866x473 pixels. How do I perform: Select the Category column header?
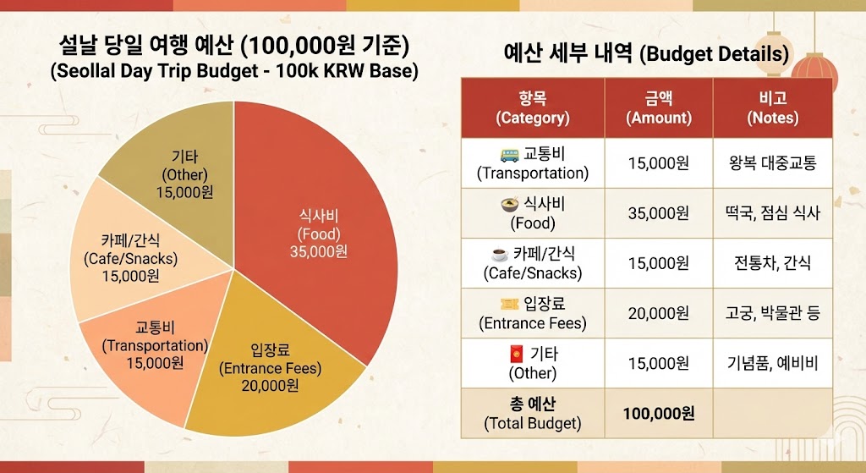coord(533,107)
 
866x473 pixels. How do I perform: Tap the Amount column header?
coord(658,107)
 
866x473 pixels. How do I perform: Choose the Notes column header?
coord(772,107)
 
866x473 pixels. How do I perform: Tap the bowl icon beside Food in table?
coord(509,204)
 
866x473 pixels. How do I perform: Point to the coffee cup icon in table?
coord(500,254)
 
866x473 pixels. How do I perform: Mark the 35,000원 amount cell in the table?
coord(658,213)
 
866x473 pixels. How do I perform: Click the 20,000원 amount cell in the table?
coord(658,313)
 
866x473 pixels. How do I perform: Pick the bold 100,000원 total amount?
coord(658,413)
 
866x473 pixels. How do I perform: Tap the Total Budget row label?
coord(533,413)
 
